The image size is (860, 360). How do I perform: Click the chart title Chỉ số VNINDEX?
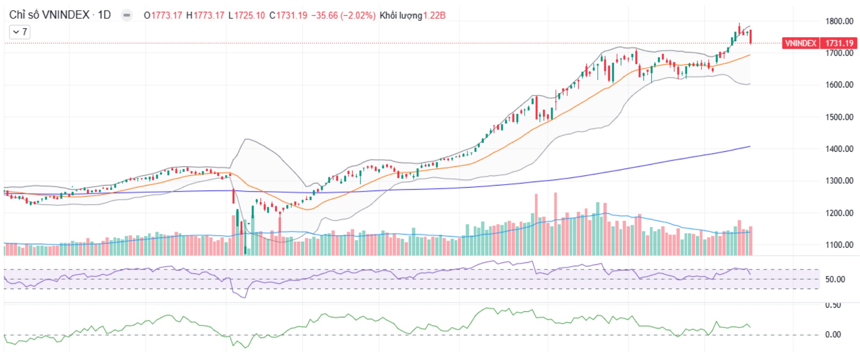(49, 15)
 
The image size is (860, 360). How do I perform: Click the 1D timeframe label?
(104, 15)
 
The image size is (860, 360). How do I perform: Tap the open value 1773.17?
(166, 16)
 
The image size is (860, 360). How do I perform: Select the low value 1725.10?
(249, 16)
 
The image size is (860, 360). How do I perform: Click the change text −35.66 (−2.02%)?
(343, 16)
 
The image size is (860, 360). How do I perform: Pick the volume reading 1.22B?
(434, 16)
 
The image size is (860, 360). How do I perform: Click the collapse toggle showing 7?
(20, 32)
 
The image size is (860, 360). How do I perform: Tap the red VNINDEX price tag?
(800, 43)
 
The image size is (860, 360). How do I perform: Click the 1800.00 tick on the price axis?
(839, 21)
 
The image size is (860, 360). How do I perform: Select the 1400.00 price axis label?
(839, 149)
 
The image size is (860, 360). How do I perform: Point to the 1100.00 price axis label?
(839, 245)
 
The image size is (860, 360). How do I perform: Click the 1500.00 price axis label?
(839, 117)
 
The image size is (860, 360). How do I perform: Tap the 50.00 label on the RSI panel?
(835, 279)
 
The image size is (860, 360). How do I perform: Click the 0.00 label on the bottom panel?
(833, 335)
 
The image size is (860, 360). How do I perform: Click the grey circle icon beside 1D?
(126, 16)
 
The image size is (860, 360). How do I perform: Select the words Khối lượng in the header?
(400, 16)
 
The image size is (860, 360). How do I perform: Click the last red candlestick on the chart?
(751, 36)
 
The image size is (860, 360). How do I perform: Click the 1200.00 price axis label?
(839, 213)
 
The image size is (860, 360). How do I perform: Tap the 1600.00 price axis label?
(839, 85)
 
